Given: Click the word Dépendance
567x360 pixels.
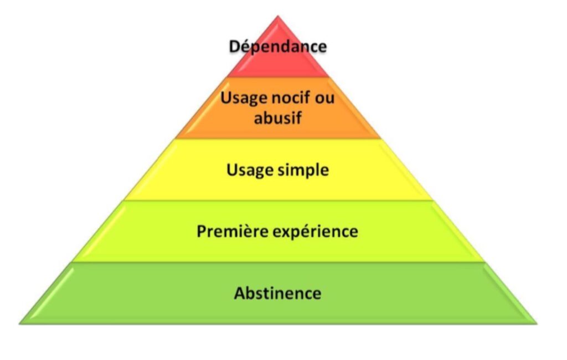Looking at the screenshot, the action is tap(278, 47).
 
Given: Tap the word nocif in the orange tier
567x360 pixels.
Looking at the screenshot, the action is tap(290, 97).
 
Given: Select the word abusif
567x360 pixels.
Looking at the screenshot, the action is tap(278, 117).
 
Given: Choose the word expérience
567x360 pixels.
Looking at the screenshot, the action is tap(315, 232).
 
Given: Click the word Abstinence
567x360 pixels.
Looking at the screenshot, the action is tap(278, 293).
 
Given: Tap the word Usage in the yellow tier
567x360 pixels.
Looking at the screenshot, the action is tap(249, 171).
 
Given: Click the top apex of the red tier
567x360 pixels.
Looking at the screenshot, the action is tap(278, 16).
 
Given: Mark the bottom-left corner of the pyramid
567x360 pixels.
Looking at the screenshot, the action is tap(19, 323).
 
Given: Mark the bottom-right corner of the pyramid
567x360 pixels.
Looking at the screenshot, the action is tap(537, 323).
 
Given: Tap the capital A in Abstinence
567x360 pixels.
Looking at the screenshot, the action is tap(240, 293).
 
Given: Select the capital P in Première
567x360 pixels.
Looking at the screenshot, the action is tap(202, 232).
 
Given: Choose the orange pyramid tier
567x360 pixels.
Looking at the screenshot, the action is tap(278, 108).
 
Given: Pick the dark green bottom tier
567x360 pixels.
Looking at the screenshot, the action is tap(278, 293).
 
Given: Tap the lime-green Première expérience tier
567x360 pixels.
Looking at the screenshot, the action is tap(278, 231).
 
